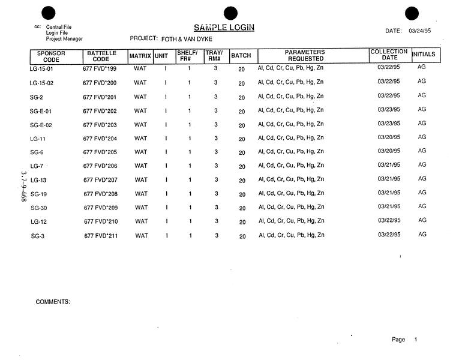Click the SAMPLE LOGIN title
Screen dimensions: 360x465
[x=224, y=27]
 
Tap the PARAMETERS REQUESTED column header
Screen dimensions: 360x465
[x=305, y=56]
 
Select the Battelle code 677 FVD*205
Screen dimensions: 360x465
[x=100, y=152]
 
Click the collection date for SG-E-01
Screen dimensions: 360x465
[x=389, y=110]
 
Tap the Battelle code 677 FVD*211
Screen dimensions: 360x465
[x=101, y=236]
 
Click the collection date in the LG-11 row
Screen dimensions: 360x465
[x=389, y=137]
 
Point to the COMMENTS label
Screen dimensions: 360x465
[x=53, y=302]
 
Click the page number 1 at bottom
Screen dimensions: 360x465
[x=415, y=340]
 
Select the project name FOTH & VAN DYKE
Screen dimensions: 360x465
[x=187, y=39]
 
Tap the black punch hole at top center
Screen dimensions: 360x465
[x=230, y=13]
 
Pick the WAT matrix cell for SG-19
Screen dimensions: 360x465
[x=140, y=194]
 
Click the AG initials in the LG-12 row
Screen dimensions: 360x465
[x=422, y=220]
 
